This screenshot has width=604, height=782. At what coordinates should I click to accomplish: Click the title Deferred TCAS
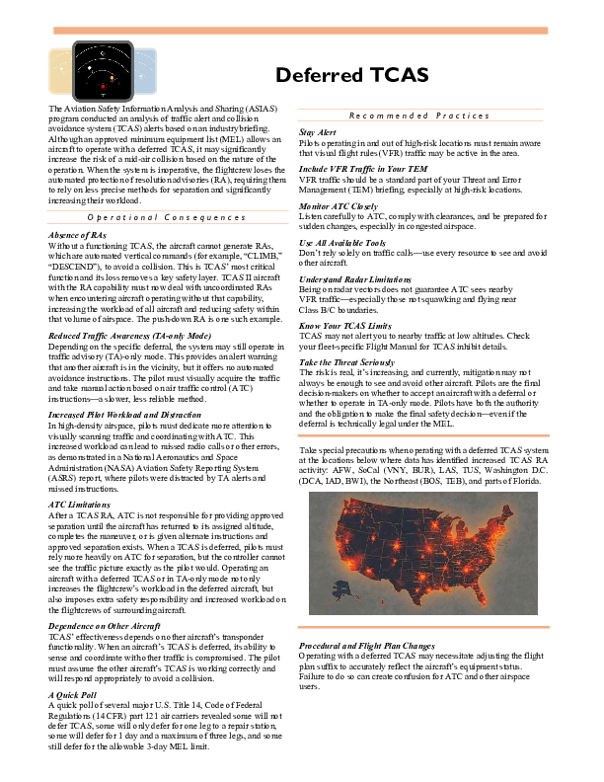point(351,76)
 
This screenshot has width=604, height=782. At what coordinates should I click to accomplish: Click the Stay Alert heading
point(318,131)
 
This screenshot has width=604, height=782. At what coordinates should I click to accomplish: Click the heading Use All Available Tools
point(342,242)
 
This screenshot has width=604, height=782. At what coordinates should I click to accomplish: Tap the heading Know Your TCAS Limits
point(345,325)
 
